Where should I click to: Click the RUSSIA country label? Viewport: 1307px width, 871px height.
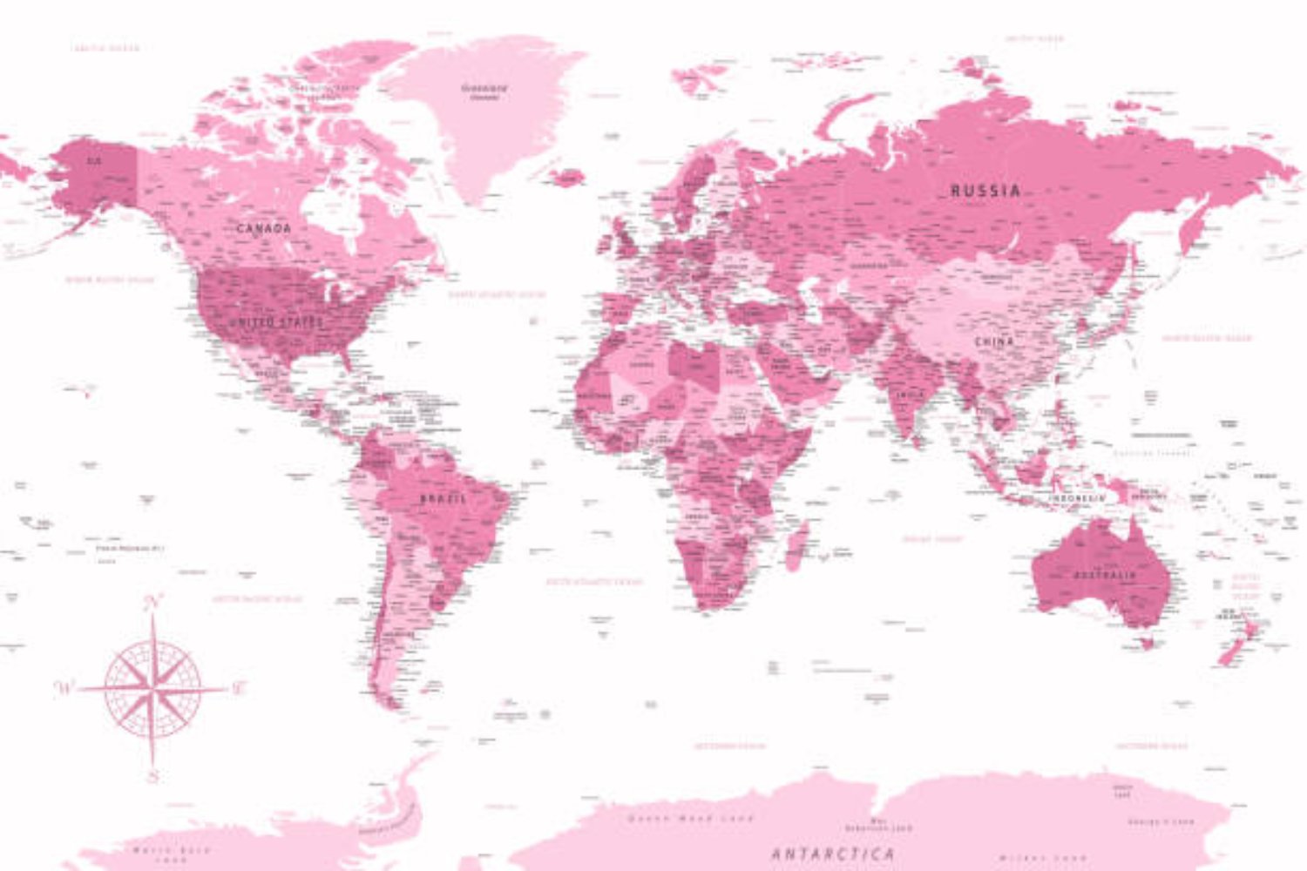click(985, 190)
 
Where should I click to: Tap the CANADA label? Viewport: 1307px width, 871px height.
click(264, 228)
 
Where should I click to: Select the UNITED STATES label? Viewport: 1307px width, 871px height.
click(277, 322)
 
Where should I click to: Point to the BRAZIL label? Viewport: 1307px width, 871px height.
click(443, 499)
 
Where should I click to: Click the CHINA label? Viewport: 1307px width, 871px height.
click(994, 342)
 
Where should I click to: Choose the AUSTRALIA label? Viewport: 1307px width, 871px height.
click(1104, 576)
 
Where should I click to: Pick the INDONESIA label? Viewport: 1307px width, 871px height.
click(1077, 498)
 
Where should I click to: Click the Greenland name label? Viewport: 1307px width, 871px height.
click(484, 88)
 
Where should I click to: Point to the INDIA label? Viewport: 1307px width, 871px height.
click(910, 395)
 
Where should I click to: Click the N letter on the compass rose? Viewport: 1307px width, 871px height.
click(154, 601)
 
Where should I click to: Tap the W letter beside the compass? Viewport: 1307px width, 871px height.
click(64, 688)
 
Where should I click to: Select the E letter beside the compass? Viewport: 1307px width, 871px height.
click(238, 688)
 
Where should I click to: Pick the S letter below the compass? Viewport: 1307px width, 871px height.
click(153, 775)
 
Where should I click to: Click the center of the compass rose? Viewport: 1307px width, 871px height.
click(153, 689)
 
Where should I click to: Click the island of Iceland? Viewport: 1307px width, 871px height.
click(567, 178)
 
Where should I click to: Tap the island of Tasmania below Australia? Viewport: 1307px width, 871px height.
click(1148, 644)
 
